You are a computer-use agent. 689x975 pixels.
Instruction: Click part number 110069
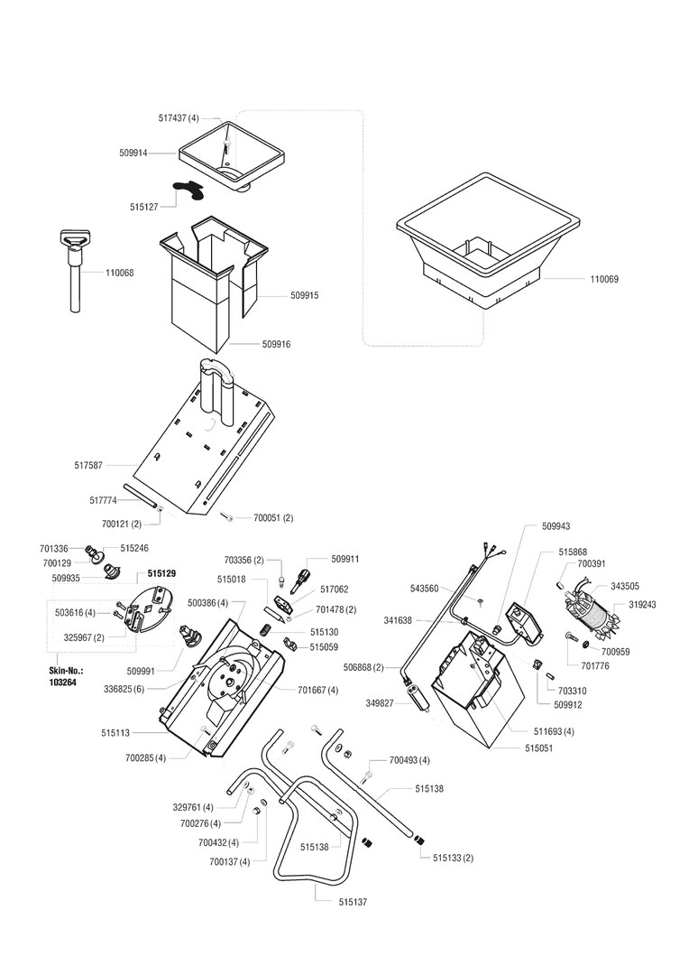604,280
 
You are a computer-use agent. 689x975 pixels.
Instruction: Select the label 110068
119,273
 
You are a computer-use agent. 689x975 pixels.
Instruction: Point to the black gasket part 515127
190,188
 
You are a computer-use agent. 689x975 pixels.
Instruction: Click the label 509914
133,153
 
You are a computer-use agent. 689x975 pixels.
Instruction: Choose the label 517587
88,466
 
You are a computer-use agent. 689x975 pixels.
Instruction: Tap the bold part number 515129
161,574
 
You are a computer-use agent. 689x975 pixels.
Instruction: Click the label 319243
642,605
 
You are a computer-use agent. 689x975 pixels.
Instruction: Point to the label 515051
539,748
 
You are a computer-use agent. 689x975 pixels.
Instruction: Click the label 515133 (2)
453,858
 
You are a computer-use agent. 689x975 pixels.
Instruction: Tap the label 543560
424,589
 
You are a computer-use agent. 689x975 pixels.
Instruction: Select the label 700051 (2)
273,518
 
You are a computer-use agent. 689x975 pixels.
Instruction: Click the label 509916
276,345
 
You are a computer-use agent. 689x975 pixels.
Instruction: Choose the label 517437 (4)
178,118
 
